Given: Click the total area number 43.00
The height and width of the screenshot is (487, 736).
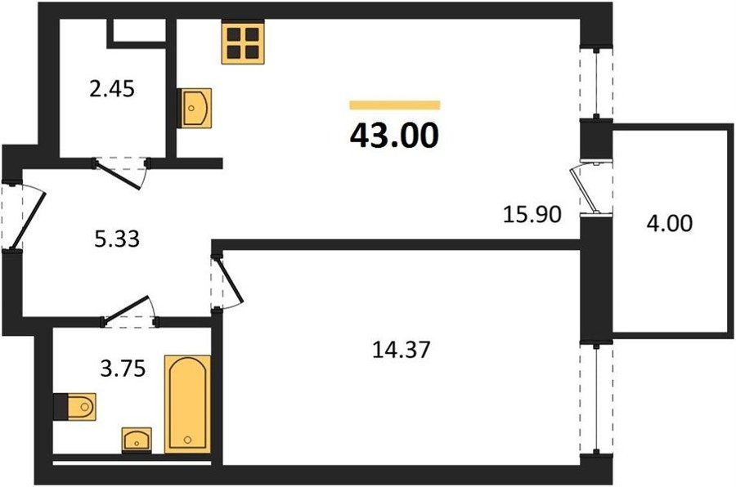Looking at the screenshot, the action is (394, 136).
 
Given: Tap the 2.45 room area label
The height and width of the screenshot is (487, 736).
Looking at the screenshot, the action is (112, 89).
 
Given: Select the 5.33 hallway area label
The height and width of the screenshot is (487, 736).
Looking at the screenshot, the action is (117, 239).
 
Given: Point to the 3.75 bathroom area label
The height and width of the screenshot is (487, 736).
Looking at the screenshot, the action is (123, 369).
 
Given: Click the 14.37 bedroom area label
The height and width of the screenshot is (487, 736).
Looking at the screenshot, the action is (401, 350).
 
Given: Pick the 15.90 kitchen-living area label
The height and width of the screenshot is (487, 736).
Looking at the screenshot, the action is (532, 214).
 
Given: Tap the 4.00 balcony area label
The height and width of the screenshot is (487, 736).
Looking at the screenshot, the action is (669, 223).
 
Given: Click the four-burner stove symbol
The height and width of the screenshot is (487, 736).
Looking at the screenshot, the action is (243, 42).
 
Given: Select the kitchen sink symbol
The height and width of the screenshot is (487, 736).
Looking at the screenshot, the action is (195, 108).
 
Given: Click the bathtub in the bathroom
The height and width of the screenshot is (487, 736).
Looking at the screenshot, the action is (187, 404).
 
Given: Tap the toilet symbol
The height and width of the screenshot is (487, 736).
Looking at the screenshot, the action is (74, 407).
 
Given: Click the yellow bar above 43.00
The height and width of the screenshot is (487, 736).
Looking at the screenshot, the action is (395, 105).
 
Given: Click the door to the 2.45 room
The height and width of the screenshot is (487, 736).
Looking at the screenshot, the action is (121, 172).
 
